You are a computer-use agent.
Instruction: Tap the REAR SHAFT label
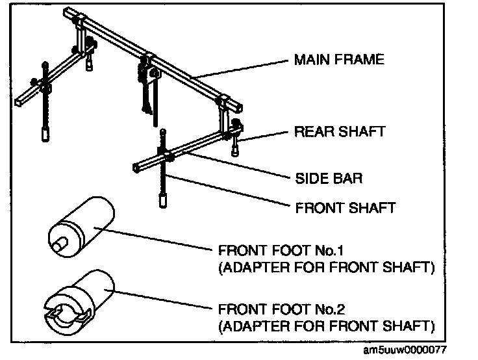340,131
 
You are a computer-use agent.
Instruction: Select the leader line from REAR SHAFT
266,135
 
